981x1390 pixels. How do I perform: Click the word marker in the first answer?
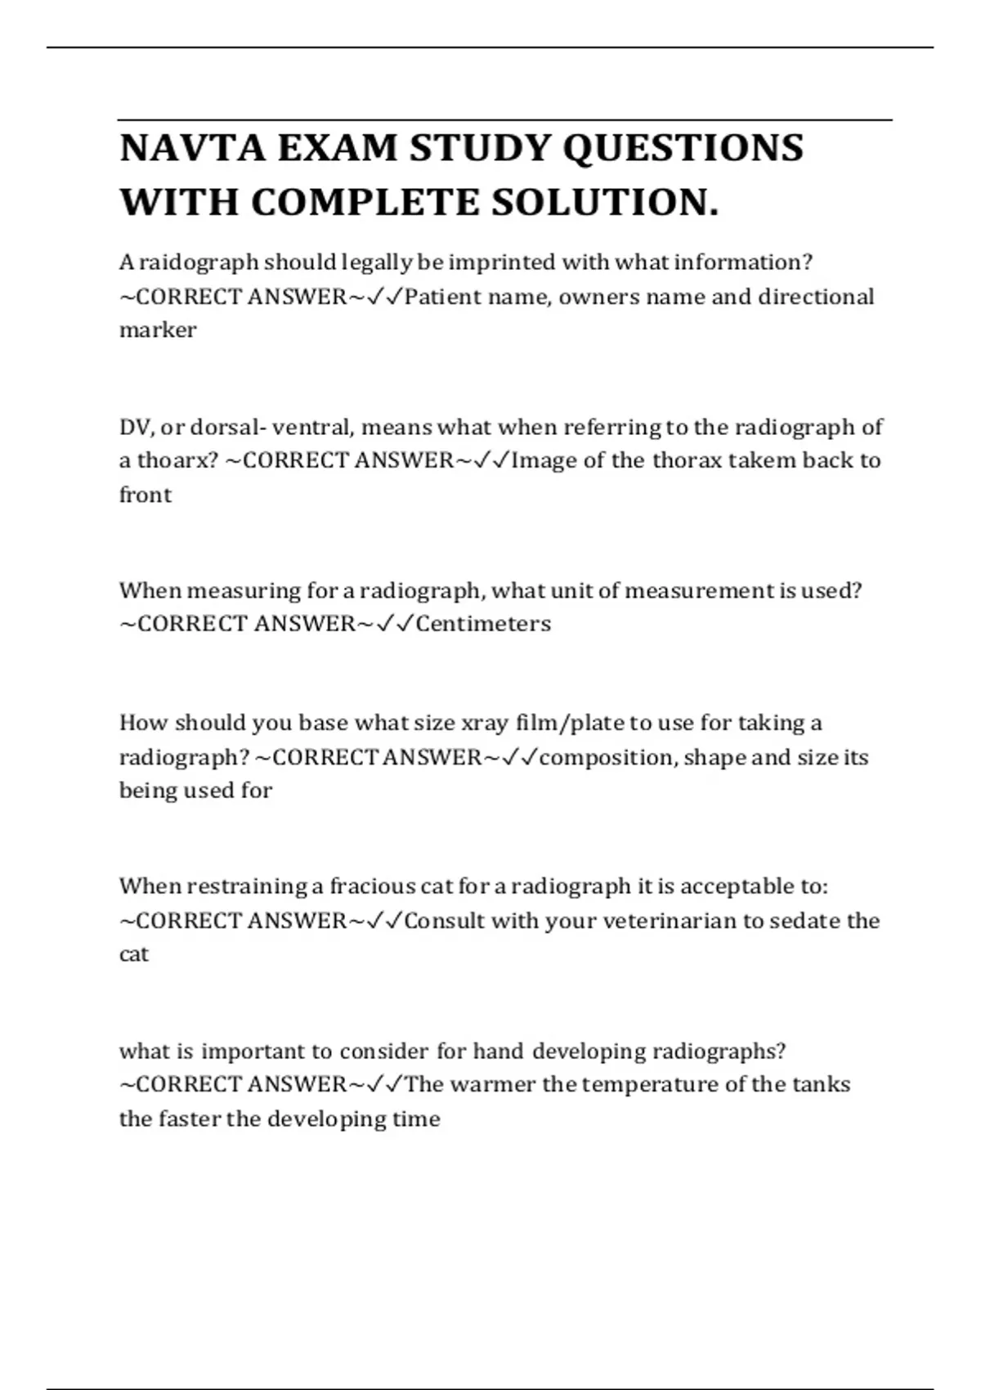[158, 330]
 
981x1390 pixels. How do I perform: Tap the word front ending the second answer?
[146, 495]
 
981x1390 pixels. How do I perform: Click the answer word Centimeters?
[483, 624]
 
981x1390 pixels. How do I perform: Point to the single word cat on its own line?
[134, 954]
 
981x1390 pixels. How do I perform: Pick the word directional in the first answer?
[815, 296]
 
